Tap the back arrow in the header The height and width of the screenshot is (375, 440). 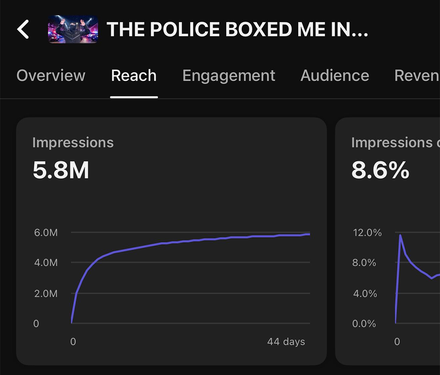[x=23, y=30]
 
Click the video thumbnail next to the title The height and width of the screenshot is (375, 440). [x=73, y=29]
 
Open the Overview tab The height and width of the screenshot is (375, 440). [x=51, y=76]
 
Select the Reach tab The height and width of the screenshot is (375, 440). [x=134, y=76]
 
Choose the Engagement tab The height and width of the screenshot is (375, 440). [x=229, y=76]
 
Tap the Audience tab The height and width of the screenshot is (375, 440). [x=334, y=76]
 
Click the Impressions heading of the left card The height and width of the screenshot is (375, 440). [x=73, y=143]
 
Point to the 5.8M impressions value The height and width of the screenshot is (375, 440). [x=61, y=170]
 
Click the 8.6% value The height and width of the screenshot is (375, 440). [x=380, y=170]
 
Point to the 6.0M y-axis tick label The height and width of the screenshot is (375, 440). [x=46, y=233]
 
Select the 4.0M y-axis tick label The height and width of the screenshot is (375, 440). [x=46, y=263]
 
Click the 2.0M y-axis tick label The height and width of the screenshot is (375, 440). [x=46, y=293]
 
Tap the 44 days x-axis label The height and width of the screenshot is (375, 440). [x=286, y=342]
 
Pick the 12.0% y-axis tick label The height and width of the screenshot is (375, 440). [x=367, y=233]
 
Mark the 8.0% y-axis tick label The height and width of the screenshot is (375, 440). [x=364, y=263]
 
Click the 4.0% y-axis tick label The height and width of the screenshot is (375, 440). [x=364, y=293]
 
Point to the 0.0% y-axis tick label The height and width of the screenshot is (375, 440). [x=364, y=324]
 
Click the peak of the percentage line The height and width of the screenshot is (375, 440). [x=400, y=235]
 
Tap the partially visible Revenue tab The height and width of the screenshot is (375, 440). [x=417, y=76]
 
